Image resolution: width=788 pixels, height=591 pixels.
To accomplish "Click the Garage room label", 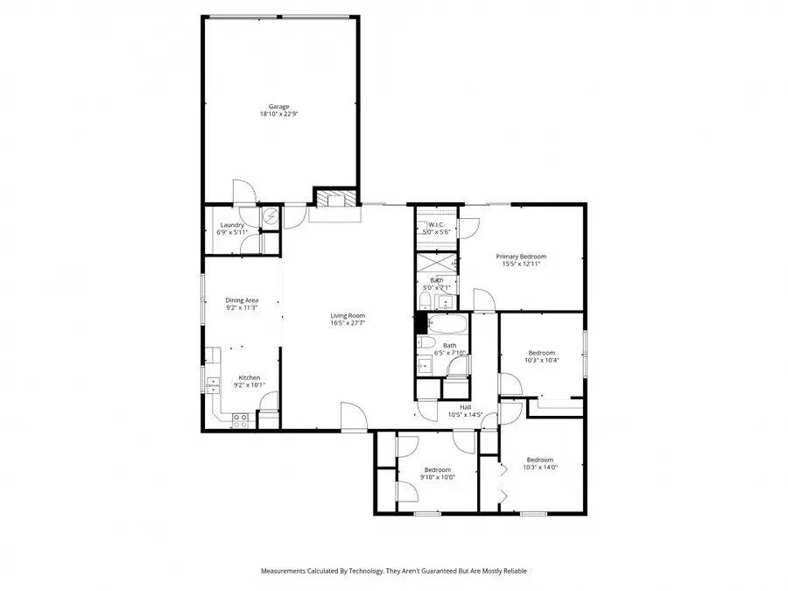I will coord(279,107).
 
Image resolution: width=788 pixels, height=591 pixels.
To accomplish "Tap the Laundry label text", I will coord(232,225).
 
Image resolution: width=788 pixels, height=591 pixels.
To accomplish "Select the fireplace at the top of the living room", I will coord(334,199).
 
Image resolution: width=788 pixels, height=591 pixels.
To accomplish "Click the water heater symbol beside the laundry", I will coord(271,215).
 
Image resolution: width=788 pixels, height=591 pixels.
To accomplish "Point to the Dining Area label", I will coord(242,300).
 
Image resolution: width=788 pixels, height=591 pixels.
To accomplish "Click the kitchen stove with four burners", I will coord(239,419).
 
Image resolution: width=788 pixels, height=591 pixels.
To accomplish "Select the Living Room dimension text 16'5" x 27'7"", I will coord(348,323).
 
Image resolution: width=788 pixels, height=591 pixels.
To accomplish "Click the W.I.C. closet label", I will coord(435,225).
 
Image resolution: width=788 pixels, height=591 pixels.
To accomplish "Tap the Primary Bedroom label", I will coord(521,257).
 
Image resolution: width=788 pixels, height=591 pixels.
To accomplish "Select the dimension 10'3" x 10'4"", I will coord(541,360).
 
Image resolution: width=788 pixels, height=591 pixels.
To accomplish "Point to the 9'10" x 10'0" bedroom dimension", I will coord(437,477).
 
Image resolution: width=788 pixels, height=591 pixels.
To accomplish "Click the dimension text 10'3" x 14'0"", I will coord(539,468).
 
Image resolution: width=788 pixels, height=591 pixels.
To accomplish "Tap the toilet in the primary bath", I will coord(424,302).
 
